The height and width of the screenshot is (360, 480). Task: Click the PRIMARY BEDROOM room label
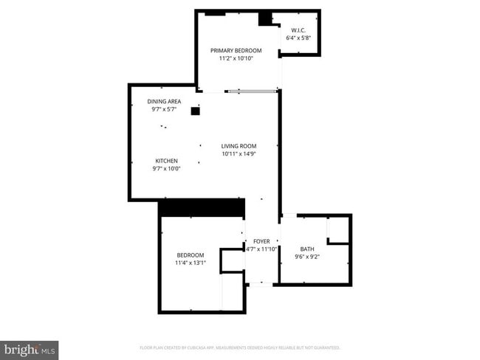point(236,50)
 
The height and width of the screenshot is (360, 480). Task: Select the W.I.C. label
point(298,30)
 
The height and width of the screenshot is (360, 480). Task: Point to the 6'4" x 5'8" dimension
point(298,38)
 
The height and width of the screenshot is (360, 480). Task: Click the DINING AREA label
point(164,101)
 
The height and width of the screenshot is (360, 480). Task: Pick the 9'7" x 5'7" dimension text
point(164,109)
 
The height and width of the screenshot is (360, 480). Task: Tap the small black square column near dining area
point(196,111)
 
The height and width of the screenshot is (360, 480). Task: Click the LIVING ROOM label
point(239,146)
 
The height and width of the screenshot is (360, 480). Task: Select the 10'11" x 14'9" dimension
point(239,154)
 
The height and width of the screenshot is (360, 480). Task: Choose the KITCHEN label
point(166,160)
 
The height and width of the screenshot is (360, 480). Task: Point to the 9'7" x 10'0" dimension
point(166,168)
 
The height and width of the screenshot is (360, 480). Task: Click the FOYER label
point(261,241)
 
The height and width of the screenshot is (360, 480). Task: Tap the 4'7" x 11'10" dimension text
point(261,249)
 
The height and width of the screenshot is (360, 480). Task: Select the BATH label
point(306,249)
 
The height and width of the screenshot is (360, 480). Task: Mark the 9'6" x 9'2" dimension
point(306,257)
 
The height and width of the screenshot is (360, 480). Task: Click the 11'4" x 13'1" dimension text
point(191,263)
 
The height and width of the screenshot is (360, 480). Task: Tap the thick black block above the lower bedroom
point(202,208)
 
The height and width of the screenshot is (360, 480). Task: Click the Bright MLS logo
point(30,349)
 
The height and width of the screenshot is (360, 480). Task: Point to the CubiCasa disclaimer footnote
point(240,347)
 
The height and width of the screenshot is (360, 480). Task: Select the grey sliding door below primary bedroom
point(252,91)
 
